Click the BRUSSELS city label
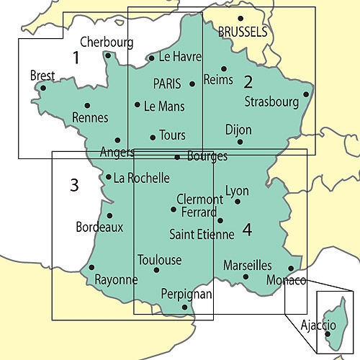point(242,32)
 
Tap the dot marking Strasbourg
point(306,94)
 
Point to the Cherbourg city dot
point(107,55)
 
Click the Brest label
point(42,76)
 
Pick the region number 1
point(76,58)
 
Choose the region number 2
point(248,81)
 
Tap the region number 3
point(73,185)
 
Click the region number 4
point(247,230)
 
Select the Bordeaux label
point(99,227)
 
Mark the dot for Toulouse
point(156,270)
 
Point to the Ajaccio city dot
point(328,333)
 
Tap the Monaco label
point(286,279)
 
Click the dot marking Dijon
point(240,141)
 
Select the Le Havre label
point(180,57)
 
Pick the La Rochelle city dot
point(108,177)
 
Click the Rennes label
point(91,117)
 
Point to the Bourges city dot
point(177,157)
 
